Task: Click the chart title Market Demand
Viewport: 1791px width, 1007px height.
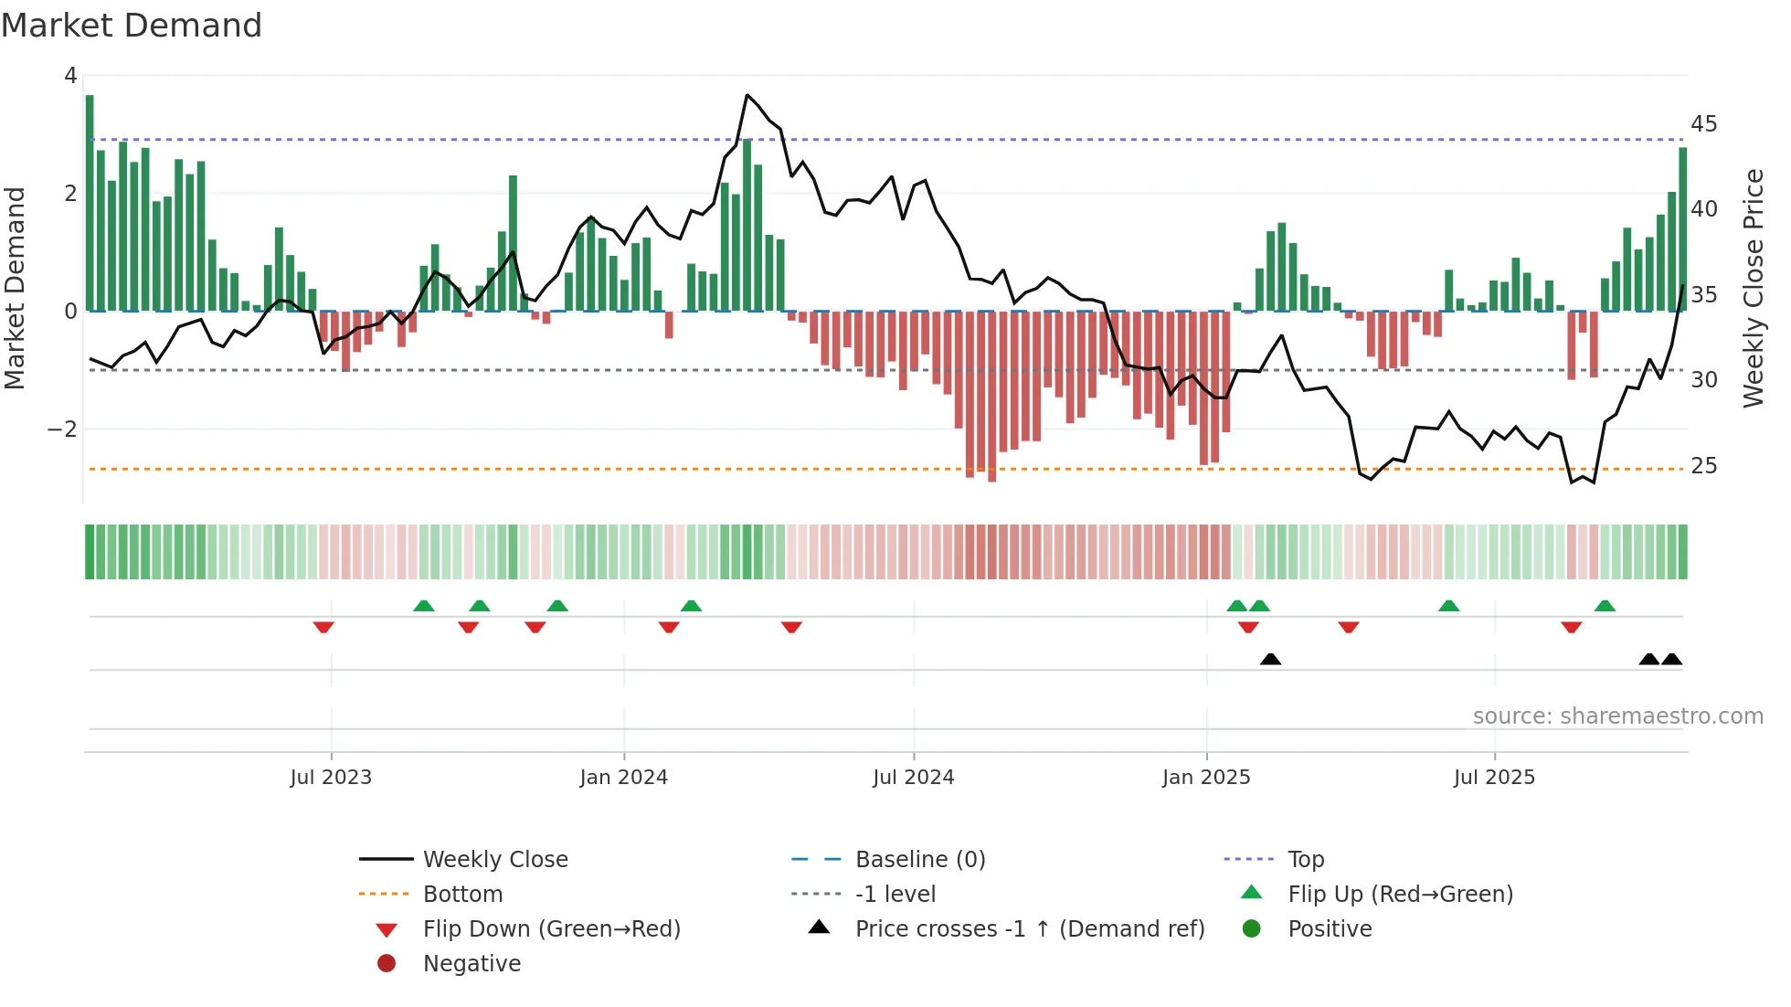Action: [x=132, y=26]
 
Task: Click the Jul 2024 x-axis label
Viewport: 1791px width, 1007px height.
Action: [x=913, y=778]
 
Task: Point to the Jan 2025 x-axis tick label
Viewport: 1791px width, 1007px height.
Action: [x=1206, y=778]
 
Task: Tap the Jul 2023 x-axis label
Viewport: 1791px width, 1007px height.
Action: [x=331, y=778]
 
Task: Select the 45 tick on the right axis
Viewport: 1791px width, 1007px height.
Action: [x=1703, y=123]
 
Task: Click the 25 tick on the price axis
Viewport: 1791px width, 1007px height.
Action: [x=1703, y=466]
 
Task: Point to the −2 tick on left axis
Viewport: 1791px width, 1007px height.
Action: [x=62, y=429]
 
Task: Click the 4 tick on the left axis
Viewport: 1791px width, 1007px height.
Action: [x=70, y=76]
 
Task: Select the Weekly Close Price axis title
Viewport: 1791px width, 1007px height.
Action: [x=1753, y=288]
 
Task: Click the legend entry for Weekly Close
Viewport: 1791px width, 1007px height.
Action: [x=494, y=860]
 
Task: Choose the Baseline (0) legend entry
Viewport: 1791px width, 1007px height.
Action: [x=919, y=860]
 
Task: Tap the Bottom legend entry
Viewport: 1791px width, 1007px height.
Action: [x=462, y=895]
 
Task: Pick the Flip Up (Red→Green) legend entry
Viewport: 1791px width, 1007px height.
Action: [x=1400, y=895]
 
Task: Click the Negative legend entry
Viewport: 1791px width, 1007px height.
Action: [x=472, y=964]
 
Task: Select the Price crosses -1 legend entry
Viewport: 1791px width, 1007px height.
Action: [x=1029, y=929]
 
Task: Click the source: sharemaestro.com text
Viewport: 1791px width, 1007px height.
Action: [x=1617, y=716]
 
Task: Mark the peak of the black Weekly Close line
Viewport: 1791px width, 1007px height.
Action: [x=747, y=95]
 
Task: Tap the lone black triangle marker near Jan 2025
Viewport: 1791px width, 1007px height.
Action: [x=1270, y=659]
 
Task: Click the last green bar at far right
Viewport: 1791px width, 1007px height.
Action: [x=1682, y=228]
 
